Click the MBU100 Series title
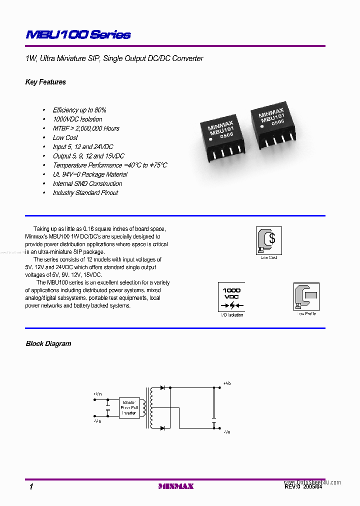point(77,34)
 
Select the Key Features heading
point(45,82)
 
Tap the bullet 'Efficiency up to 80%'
point(79,110)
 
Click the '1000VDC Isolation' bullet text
point(77,119)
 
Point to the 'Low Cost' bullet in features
point(65,137)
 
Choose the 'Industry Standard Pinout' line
point(85,192)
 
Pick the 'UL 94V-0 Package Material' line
point(90,174)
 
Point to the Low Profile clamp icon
point(306,297)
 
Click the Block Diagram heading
point(48,343)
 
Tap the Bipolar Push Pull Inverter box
point(129,407)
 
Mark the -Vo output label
point(227,431)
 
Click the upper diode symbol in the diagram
point(162,387)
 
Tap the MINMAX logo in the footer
point(176,486)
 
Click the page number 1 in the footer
point(31,486)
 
